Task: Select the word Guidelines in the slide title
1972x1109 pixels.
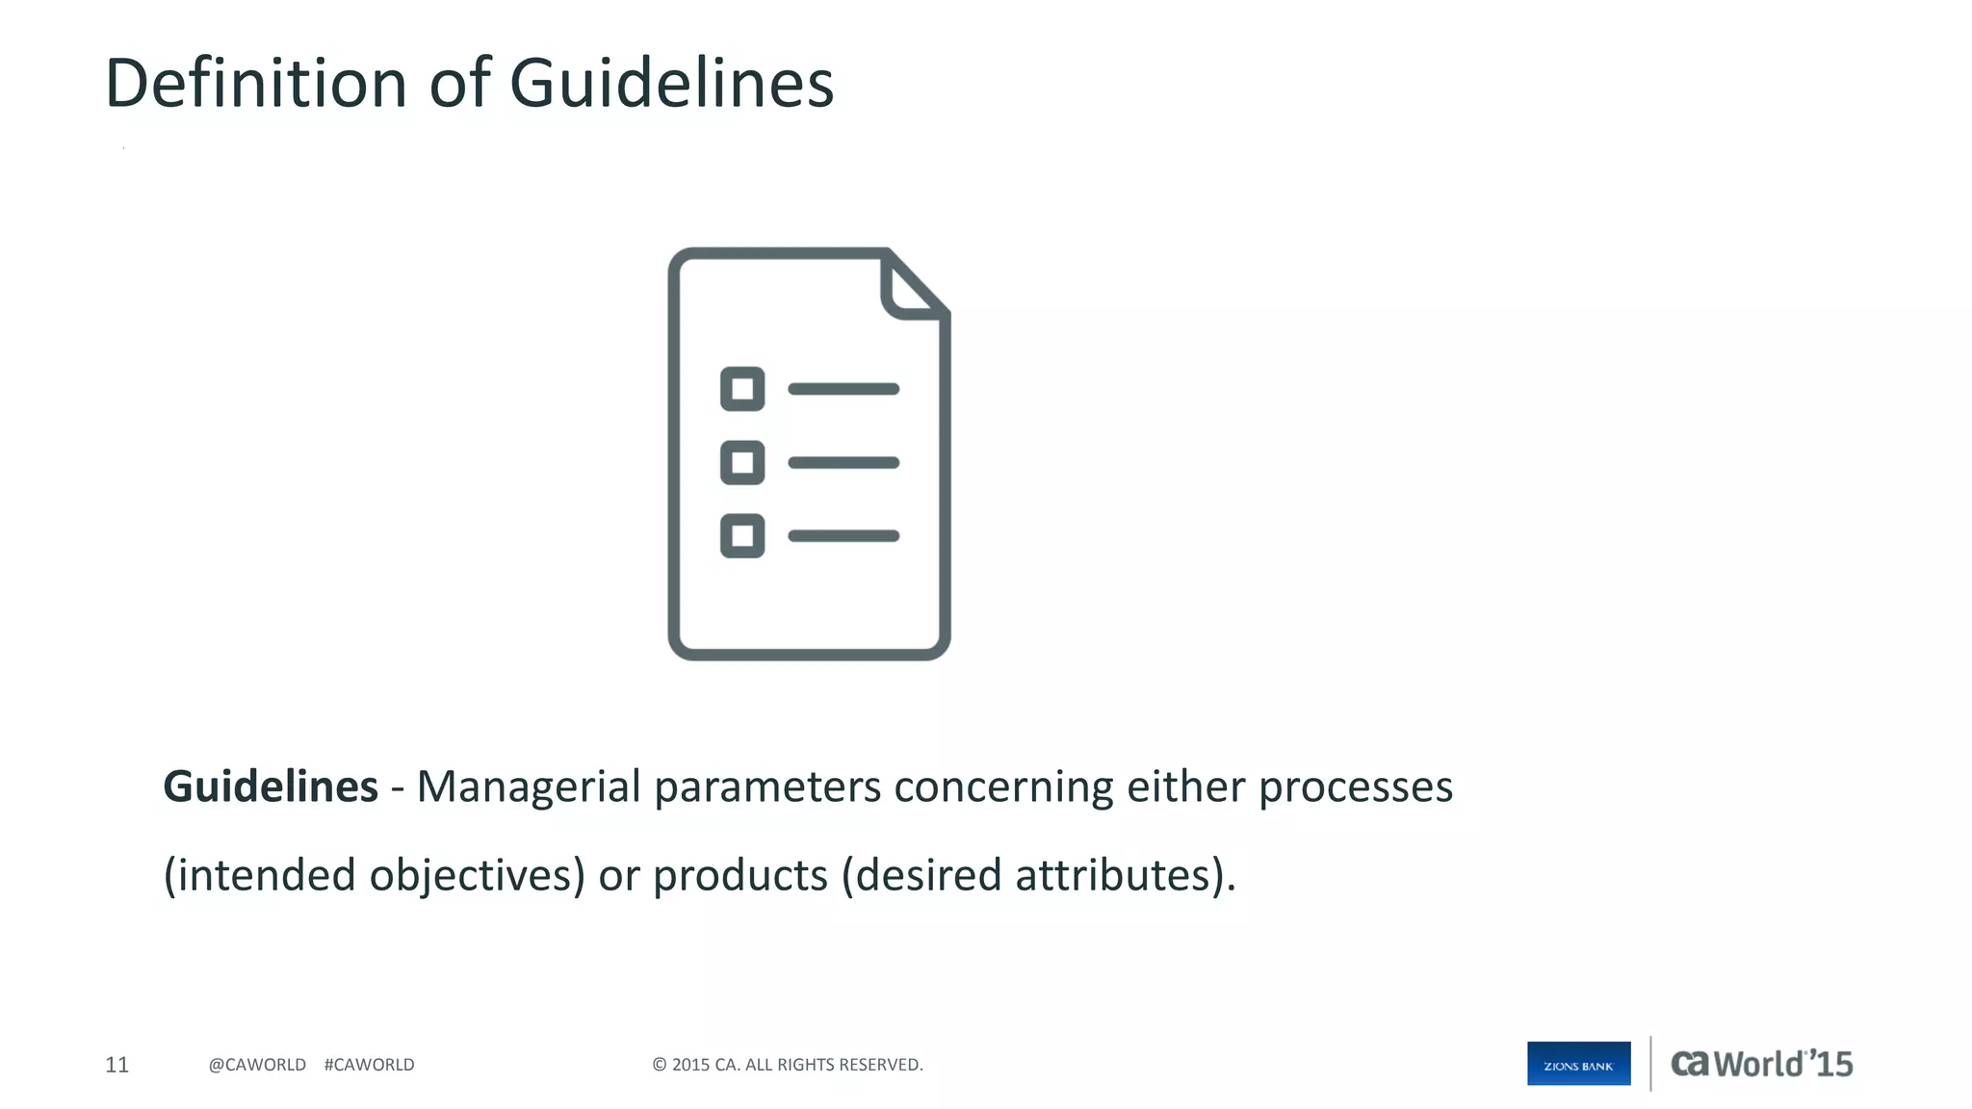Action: point(671,83)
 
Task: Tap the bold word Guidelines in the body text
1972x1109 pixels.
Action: point(271,787)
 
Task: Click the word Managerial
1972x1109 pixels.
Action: point(529,787)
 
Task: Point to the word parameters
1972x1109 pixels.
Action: point(767,788)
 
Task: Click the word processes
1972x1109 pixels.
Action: point(1356,788)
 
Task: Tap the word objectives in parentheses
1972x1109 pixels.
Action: point(472,876)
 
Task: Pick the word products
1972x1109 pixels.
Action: point(740,876)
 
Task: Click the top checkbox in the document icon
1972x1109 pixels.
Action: point(742,389)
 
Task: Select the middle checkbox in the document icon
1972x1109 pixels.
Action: point(742,462)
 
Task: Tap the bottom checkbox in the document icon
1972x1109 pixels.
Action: point(742,536)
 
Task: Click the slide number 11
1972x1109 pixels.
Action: point(117,1065)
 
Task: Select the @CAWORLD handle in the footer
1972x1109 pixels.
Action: point(257,1065)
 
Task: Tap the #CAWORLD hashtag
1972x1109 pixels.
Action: point(369,1065)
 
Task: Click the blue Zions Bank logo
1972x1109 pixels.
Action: point(1578,1064)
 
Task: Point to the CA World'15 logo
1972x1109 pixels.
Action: point(1761,1064)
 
